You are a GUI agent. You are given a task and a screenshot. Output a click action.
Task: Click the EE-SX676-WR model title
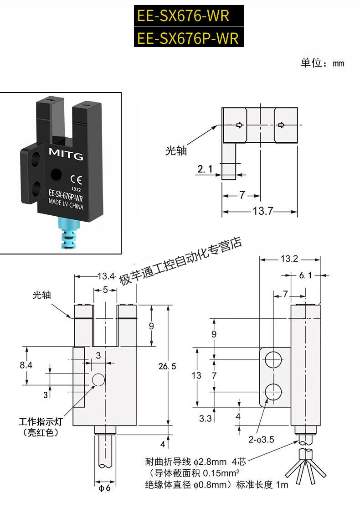183,16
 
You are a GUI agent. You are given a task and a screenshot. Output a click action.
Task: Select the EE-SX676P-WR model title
188,38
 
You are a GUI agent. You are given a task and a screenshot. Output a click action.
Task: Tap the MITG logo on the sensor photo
66,154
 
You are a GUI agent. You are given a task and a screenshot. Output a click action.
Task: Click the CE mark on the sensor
76,179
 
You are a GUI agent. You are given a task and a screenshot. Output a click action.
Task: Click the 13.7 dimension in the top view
263,211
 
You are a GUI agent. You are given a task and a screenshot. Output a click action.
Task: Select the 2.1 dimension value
205,169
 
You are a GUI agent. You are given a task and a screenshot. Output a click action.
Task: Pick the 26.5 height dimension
167,366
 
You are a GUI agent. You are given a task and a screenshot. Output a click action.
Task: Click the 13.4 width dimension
106,276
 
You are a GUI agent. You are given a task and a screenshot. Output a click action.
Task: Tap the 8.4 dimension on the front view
26,365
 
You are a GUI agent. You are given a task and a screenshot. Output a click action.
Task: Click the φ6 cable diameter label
105,488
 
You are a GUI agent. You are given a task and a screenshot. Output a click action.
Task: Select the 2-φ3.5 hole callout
261,440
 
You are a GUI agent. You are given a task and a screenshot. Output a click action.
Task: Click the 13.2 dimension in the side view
289,259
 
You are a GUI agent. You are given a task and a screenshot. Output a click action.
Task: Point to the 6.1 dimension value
305,275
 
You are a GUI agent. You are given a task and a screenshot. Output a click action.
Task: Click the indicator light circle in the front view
98,380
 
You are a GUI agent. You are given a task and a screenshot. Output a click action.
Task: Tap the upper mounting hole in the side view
273,360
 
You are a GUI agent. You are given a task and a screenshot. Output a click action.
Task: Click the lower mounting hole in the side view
273,392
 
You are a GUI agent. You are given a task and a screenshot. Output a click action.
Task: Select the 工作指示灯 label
41,421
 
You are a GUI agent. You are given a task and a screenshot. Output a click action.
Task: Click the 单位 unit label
311,62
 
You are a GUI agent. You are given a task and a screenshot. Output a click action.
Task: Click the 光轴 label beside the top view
176,151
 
